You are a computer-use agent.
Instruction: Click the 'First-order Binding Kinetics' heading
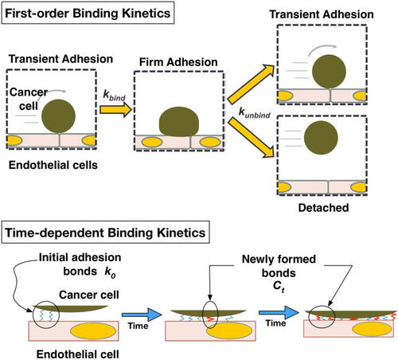click(88, 13)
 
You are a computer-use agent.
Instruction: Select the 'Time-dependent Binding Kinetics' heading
click(105, 233)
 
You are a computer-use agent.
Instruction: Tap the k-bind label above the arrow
click(114, 96)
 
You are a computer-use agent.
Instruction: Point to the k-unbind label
click(255, 112)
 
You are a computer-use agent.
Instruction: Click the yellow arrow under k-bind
click(115, 109)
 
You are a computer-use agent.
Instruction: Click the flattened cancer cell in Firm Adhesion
click(179, 122)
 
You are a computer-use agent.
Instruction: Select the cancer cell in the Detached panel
click(321, 138)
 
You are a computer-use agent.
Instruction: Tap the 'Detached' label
click(323, 208)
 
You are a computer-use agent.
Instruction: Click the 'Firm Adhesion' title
click(178, 62)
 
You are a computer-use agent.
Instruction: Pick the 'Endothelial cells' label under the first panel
click(53, 165)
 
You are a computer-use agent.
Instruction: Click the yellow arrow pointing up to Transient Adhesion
click(251, 84)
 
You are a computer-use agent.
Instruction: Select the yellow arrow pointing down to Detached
click(251, 138)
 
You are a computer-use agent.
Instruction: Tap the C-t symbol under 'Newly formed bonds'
click(279, 286)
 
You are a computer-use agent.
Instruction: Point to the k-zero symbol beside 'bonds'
click(110, 272)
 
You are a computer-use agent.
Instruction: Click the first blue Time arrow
click(142, 315)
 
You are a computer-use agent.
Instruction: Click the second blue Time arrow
click(279, 312)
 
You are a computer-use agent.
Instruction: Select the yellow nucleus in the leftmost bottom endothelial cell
click(93, 331)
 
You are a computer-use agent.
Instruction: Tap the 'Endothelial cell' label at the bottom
click(77, 354)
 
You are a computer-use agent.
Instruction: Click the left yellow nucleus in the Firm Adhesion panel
click(152, 143)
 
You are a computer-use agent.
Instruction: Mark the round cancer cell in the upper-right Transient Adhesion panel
click(329, 71)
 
